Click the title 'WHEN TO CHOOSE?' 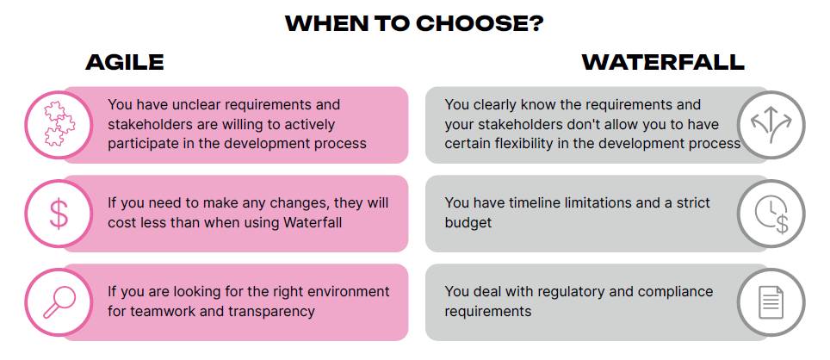click(414, 24)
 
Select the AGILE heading click(125, 62)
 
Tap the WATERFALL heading click(663, 62)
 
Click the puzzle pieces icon click(59, 124)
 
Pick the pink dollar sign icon click(59, 214)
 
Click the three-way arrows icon click(771, 124)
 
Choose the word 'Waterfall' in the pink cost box click(313, 222)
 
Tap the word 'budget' click(468, 223)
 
